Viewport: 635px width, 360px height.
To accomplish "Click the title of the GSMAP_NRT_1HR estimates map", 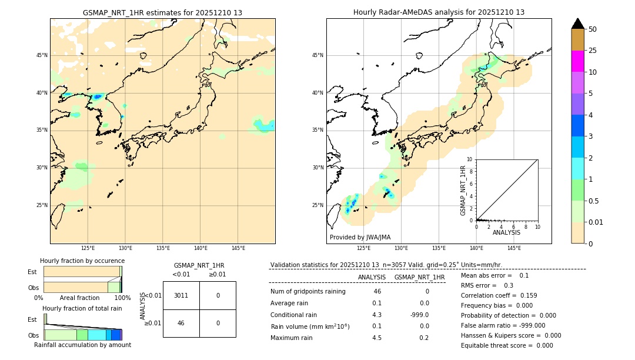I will pyautogui.click(x=162, y=12).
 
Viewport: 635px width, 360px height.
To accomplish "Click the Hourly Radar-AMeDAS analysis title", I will pyautogui.click(x=439, y=12).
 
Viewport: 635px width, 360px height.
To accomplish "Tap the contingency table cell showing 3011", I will pyautogui.click(x=181, y=295).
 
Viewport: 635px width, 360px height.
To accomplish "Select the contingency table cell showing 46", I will pyautogui.click(x=181, y=323).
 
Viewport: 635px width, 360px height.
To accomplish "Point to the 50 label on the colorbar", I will pyautogui.click(x=593, y=29).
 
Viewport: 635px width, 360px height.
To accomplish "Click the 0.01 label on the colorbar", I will pyautogui.click(x=596, y=222).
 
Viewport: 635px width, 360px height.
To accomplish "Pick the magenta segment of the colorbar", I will pyautogui.click(x=578, y=61).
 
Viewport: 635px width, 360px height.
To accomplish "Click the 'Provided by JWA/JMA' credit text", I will pyautogui.click(x=360, y=237).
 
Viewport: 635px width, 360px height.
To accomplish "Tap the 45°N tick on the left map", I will pyautogui.click(x=42, y=55).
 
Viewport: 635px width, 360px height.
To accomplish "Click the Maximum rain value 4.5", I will pyautogui.click(x=377, y=338).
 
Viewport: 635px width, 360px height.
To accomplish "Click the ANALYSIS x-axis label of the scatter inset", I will pyautogui.click(x=506, y=233).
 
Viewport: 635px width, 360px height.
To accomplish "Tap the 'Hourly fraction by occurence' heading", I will pyautogui.click(x=82, y=261).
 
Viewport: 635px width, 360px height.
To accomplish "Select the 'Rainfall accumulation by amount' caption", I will pyautogui.click(x=82, y=345).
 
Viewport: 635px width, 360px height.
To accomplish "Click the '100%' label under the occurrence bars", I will pyautogui.click(x=122, y=298).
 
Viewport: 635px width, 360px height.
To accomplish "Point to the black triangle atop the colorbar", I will pyautogui.click(x=578, y=24).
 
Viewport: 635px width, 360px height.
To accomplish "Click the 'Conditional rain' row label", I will pyautogui.click(x=293, y=315).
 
